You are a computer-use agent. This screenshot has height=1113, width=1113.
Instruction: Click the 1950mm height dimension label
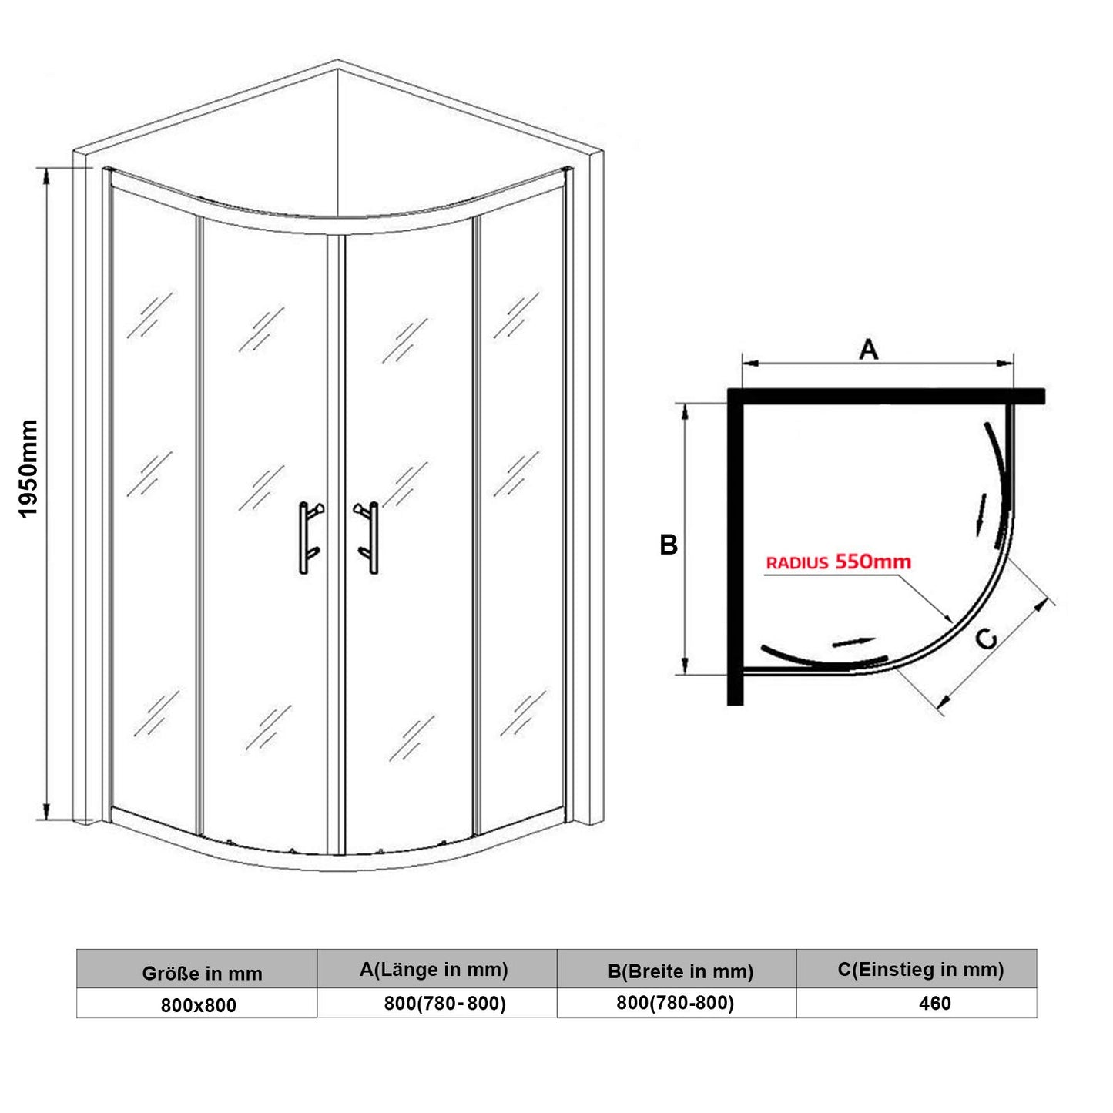[28, 468]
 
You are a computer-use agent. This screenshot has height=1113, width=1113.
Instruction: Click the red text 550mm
[873, 562]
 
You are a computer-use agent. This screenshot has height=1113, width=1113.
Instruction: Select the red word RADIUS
[796, 563]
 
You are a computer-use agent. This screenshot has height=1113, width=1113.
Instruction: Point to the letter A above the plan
[868, 350]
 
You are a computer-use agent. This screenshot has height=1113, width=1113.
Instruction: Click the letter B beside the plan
[669, 545]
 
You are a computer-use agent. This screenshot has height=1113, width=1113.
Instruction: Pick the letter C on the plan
[987, 639]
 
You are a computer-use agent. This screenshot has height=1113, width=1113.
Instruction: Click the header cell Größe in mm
[202, 974]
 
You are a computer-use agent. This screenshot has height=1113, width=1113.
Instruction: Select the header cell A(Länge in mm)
[434, 970]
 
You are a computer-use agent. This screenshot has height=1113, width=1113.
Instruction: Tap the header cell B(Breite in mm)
[680, 971]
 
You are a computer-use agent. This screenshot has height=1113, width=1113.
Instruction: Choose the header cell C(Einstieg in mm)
[920, 970]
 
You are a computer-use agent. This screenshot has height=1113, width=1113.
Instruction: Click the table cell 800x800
[199, 1005]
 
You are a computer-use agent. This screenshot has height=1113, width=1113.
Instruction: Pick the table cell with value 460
[934, 1004]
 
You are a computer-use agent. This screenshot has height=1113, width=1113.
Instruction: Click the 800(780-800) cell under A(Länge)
[444, 1004]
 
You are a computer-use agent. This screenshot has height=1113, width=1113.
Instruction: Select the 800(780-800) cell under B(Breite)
[675, 1003]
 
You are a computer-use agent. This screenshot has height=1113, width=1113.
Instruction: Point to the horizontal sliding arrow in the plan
[853, 642]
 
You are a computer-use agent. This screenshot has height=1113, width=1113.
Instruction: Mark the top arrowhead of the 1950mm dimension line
[47, 175]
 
